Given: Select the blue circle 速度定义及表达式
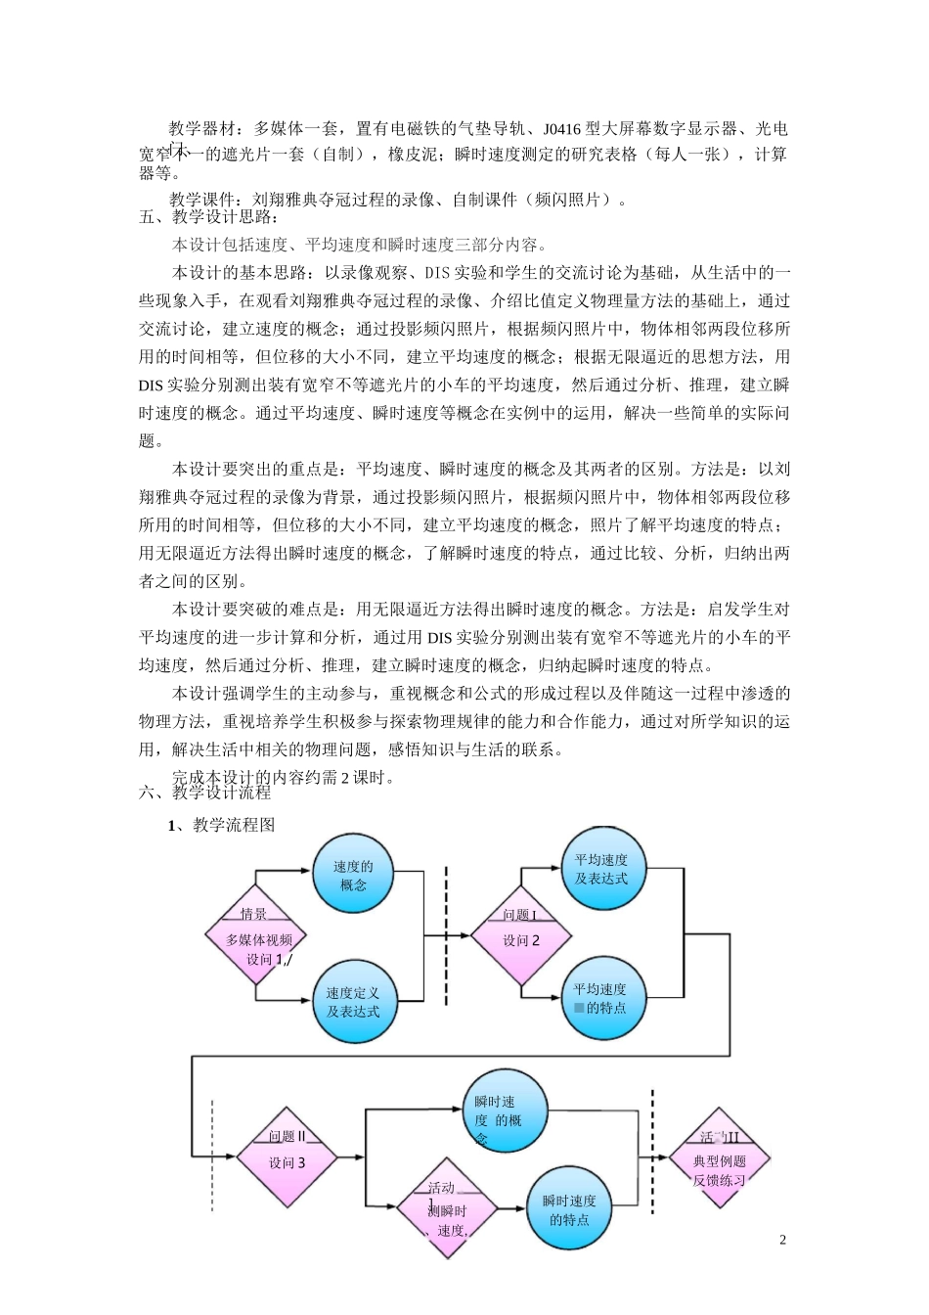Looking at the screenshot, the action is coord(353,1001).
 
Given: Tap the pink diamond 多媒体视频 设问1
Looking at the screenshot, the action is coord(255,938).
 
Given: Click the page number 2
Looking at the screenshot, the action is coord(782,1241).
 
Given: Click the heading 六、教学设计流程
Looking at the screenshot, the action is coord(205,793).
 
